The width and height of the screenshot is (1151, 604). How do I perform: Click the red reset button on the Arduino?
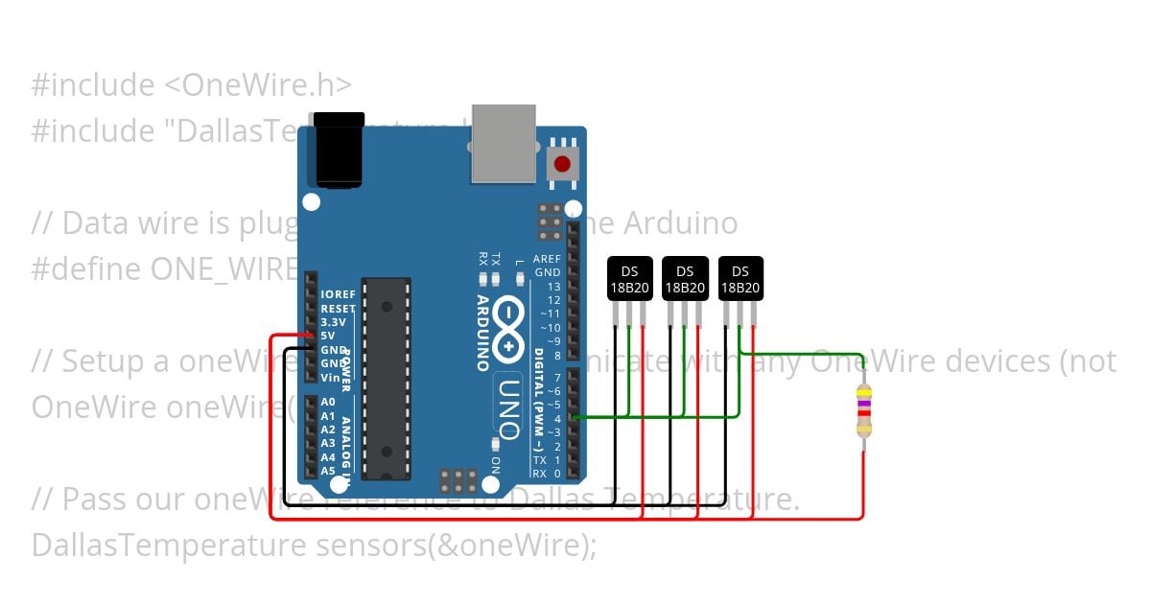coord(562,164)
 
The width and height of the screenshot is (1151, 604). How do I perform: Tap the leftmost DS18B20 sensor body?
coord(629,279)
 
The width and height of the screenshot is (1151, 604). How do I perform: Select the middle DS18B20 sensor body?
coord(685,279)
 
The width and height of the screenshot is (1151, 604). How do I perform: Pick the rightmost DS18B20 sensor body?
coord(740,279)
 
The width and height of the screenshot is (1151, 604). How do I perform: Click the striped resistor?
coord(864,410)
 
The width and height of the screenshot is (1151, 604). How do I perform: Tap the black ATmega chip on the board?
coord(387,379)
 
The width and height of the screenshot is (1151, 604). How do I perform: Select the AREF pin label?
coord(547,259)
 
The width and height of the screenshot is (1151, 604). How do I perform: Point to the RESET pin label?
coord(338,309)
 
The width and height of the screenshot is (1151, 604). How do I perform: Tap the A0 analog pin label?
coord(328,403)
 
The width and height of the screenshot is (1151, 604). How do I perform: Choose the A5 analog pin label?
coord(328,471)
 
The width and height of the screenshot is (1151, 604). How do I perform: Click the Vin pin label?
coord(331,377)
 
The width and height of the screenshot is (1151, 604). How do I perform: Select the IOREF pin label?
coord(339,294)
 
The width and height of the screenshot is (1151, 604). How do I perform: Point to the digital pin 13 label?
coord(553,287)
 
